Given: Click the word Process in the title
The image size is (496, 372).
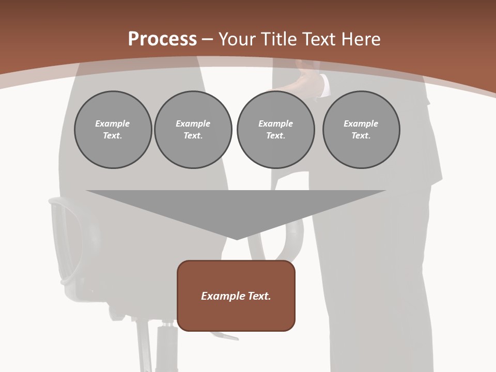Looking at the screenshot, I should point(162,39).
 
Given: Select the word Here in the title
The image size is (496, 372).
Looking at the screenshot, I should point(360,39).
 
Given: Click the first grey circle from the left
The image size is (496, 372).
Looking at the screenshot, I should point(113,130).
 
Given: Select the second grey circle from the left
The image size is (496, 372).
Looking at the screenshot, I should point(193,130).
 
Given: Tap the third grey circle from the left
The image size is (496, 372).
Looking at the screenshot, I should point(275,130).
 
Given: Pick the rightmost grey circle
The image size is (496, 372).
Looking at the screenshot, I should point(361,130).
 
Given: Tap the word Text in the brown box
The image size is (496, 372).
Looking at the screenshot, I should point(259,296).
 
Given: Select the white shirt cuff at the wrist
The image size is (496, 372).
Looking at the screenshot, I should point(324,85).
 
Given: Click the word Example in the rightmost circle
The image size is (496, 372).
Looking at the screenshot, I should point(361,123).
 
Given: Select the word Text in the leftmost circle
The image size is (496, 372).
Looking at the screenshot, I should point(113,136).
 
